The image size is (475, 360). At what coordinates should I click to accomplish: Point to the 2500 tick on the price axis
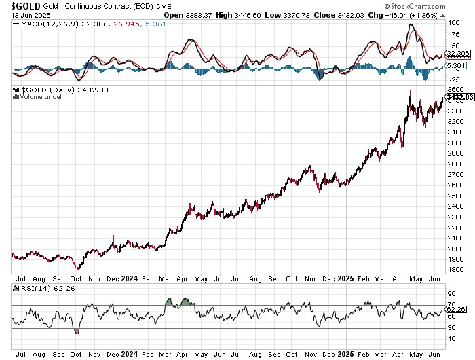pyautogui.click(x=454, y=196)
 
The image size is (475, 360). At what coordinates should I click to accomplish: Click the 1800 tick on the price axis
pyautogui.click(x=454, y=270)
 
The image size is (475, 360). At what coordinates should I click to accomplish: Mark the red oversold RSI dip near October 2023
pyautogui.click(x=76, y=331)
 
